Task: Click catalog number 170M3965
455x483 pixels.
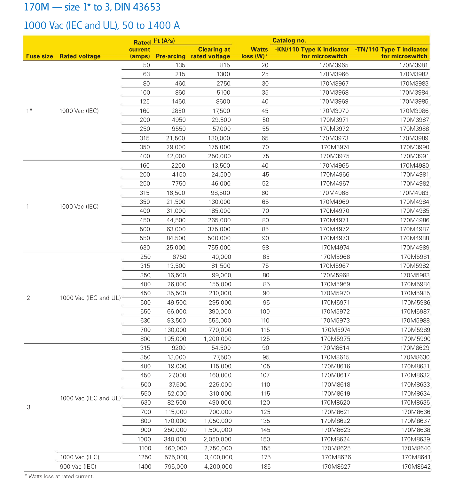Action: click(x=334, y=65)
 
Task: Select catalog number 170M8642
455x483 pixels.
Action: click(x=416, y=467)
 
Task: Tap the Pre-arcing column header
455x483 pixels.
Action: click(x=170, y=56)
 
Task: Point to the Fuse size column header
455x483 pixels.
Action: click(x=39, y=56)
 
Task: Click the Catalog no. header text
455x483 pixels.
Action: click(x=289, y=40)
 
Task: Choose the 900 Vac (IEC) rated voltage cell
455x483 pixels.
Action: click(x=78, y=467)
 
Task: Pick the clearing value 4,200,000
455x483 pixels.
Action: click(x=218, y=467)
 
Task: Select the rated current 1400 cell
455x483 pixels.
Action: click(x=145, y=467)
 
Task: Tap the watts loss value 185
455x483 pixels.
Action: click(x=265, y=467)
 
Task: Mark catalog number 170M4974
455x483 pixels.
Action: click(x=335, y=248)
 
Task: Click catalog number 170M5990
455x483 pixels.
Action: click(x=416, y=339)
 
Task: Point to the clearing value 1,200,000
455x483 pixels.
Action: click(x=217, y=339)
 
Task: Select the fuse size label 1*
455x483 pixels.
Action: click(x=29, y=111)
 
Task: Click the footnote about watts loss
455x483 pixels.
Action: click(x=59, y=477)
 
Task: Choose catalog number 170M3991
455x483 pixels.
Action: click(x=414, y=156)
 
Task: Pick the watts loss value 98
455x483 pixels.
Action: click(x=265, y=248)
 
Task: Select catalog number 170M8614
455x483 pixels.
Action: click(x=335, y=348)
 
